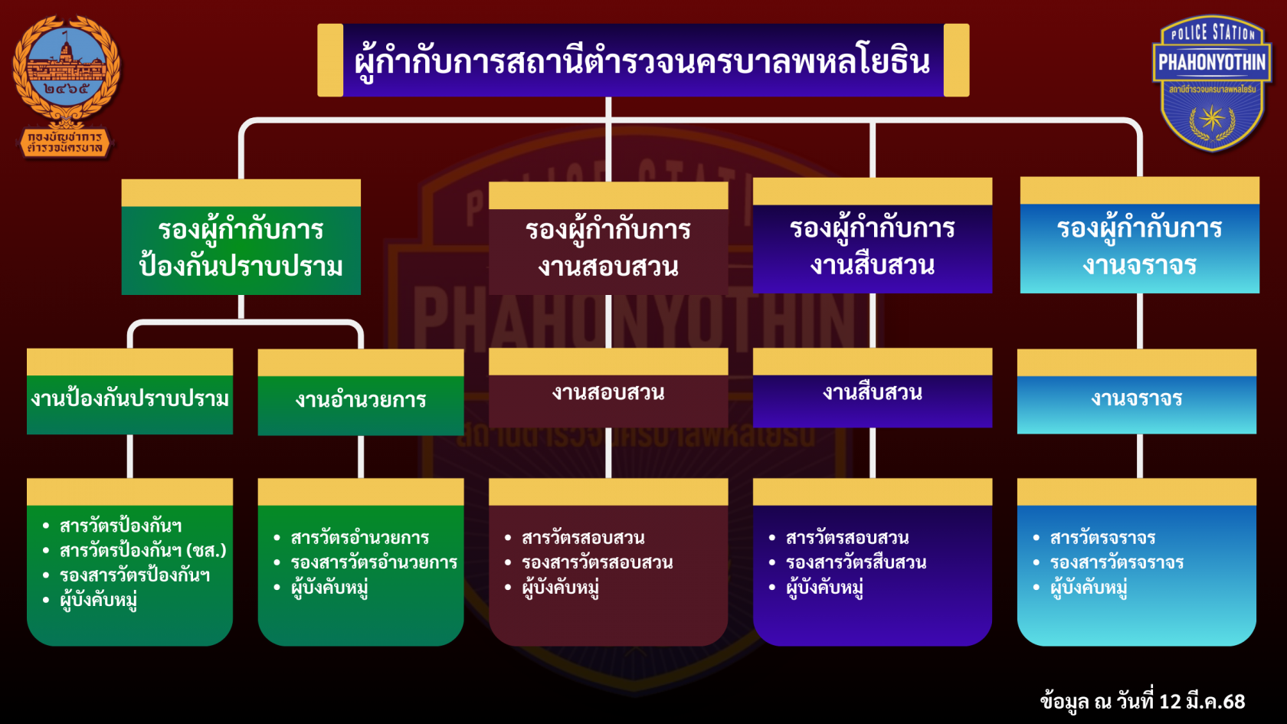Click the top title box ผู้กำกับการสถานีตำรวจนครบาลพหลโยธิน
click(x=643, y=61)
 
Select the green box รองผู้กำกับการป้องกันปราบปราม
click(x=241, y=247)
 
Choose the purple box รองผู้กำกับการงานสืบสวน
click(x=872, y=247)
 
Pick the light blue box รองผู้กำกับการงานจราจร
click(x=1139, y=247)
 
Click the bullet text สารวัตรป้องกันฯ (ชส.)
click(x=142, y=550)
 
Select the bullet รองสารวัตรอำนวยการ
click(x=374, y=562)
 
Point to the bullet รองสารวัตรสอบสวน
click(x=597, y=562)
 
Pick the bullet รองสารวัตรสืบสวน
click(x=856, y=562)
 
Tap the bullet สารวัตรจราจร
click(x=1102, y=538)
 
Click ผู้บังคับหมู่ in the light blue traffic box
click(x=1089, y=588)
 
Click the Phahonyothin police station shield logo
click(x=1211, y=83)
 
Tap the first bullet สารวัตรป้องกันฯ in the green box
click(x=120, y=526)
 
